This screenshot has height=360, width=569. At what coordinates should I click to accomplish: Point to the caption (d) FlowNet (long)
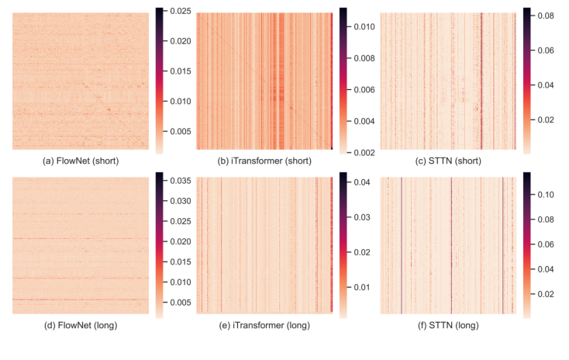(81, 325)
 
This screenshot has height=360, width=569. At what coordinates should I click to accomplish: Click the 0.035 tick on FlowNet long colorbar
(179, 181)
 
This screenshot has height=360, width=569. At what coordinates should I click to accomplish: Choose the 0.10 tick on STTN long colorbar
(543, 195)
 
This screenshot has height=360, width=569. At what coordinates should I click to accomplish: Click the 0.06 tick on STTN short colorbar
(543, 50)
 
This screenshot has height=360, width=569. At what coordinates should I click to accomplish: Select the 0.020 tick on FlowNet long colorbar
(179, 242)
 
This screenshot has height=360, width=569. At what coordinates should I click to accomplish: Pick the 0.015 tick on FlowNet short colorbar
(179, 71)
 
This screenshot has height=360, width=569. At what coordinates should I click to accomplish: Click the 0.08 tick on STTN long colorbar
(543, 220)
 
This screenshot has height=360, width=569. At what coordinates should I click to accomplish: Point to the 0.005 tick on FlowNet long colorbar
(179, 303)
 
